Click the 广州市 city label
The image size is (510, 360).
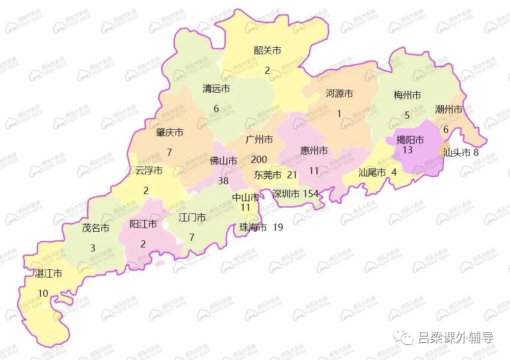pos(259,140)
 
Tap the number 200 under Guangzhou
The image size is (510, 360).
pos(259,160)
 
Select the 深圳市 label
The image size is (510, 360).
pos(286,194)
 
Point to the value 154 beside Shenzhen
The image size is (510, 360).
pos(310,194)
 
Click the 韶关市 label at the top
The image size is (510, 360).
pos(267,50)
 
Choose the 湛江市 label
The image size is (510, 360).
pos(48,274)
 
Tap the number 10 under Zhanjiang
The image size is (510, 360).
pos(43,294)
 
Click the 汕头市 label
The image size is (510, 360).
pos(456,153)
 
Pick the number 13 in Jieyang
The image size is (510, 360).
pos(407,150)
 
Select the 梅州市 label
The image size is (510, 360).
pos(407,95)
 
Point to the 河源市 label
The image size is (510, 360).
pos(339,94)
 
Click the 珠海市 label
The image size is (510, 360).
pos(253,228)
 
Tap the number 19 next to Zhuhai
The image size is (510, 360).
pos(278,228)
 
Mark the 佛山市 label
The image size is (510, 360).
pos(224,161)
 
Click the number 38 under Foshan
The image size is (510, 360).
pos(223,180)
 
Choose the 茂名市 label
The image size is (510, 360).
pos(96,228)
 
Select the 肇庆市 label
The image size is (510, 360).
pos(170,132)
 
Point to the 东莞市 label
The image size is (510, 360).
pos(267,175)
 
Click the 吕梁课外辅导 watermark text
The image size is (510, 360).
pos(455,338)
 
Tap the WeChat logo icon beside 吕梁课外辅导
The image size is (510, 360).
pos(407,337)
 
